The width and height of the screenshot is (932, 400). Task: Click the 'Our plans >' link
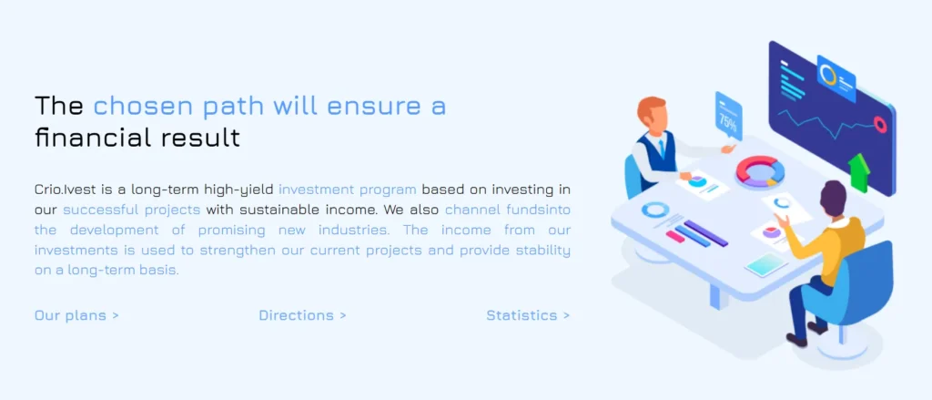pos(76,315)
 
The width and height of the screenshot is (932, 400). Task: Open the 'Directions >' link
pos(302,315)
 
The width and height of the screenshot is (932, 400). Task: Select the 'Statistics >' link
pos(528,315)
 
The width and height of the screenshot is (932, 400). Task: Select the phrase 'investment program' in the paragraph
pos(347,190)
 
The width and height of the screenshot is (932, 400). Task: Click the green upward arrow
pos(858,172)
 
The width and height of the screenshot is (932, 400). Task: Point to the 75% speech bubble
pos(728,117)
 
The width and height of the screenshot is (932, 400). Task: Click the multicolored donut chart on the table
pos(760,170)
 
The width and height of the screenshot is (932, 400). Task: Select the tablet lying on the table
pos(765,265)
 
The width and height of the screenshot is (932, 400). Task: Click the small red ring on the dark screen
pos(880,124)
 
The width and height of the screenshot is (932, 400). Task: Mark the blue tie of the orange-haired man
pos(662,147)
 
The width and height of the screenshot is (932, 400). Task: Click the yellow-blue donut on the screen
pos(829,72)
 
